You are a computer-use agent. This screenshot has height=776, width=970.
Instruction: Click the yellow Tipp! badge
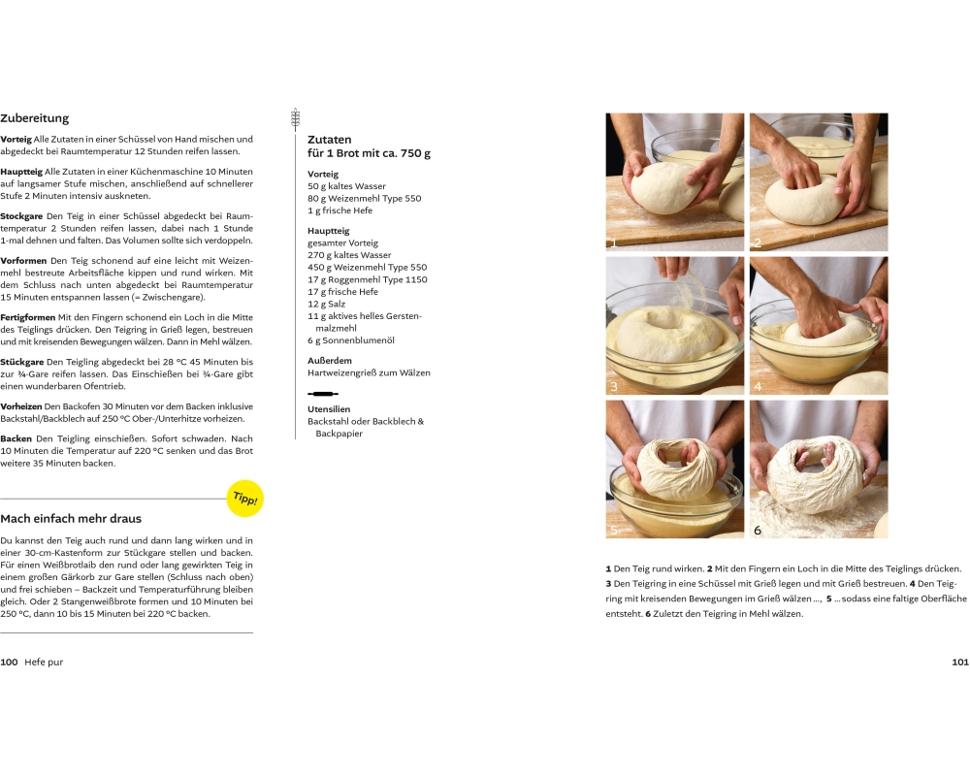[x=245, y=499]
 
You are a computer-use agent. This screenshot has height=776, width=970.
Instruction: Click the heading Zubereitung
[x=35, y=118]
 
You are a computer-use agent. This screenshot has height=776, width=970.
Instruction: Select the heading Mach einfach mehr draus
[x=71, y=519]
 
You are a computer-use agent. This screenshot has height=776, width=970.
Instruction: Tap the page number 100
[x=9, y=663]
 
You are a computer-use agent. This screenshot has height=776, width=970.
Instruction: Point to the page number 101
[x=960, y=663]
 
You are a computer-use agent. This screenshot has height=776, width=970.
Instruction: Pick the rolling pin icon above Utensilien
[x=323, y=394]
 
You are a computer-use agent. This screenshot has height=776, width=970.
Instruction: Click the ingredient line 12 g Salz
[x=327, y=304]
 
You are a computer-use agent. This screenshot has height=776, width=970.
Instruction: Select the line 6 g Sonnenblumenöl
[x=351, y=340]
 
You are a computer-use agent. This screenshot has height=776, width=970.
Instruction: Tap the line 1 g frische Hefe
[x=340, y=210]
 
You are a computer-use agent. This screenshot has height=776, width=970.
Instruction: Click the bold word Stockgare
[x=21, y=216]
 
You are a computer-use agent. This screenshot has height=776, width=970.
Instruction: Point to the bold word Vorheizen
[x=21, y=406]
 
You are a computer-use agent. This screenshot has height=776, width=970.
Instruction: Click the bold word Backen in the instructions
[x=16, y=438]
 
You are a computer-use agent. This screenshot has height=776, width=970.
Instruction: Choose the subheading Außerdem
[x=330, y=361]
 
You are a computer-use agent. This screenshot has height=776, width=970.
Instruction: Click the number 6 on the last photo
[x=758, y=530]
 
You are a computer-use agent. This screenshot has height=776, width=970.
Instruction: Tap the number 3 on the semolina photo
[x=614, y=387]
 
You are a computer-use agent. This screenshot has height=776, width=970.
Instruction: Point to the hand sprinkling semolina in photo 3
[x=673, y=268]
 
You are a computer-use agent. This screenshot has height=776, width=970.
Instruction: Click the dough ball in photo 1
[x=665, y=187]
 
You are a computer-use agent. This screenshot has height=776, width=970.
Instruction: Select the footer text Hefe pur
[x=44, y=663]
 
